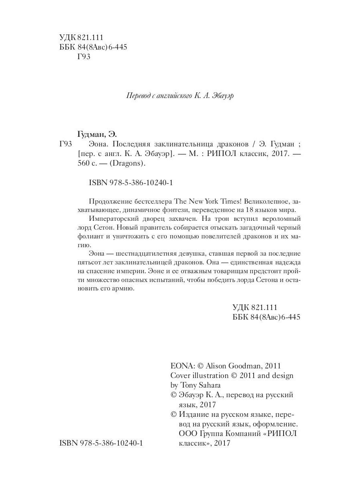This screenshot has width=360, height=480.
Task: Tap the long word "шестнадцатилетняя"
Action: click(156, 254)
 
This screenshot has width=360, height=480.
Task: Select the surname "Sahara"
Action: click(211, 385)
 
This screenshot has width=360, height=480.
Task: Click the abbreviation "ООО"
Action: click(188, 434)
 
